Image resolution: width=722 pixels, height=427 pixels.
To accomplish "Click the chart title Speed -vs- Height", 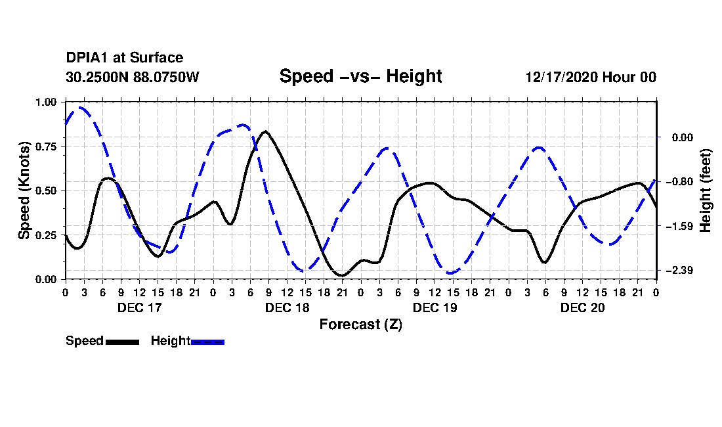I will point(360,76).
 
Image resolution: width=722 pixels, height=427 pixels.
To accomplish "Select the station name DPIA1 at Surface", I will point(125,58).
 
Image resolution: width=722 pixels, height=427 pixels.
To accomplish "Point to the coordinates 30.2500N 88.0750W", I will point(132,77).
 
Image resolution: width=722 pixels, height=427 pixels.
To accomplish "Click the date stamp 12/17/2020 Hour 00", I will point(591,77).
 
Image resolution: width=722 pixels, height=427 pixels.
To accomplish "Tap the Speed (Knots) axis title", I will point(24,191).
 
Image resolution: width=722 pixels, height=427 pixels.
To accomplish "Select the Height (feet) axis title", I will point(706,191).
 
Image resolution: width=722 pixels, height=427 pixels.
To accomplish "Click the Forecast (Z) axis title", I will point(360,324).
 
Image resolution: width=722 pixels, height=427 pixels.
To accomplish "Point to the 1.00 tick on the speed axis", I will point(47,102).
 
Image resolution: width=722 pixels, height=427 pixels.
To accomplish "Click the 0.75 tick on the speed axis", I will point(47,146).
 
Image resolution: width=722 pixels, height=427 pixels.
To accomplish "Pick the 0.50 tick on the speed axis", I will point(47,191).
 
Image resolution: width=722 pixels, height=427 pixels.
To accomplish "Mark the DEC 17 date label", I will point(139,307).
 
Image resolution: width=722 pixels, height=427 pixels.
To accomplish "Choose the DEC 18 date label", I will point(287,307).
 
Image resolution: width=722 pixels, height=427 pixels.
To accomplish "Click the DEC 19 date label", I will point(435,307).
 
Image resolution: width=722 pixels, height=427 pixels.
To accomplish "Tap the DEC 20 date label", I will point(582,307).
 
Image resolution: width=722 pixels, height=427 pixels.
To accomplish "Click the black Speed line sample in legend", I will point(121,342).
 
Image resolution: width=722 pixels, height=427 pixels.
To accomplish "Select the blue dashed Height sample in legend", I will point(207,342).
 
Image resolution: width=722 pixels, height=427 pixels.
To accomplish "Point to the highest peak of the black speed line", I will point(265,131).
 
